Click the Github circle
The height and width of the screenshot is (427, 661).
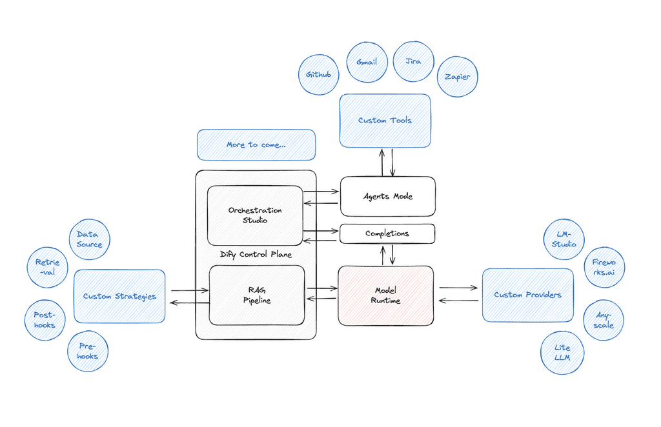tap(319, 75)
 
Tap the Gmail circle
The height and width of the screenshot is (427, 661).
tap(367, 63)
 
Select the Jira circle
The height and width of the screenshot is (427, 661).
tap(413, 62)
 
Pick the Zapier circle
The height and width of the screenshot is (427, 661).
tap(458, 77)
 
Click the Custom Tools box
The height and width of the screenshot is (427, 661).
tap(385, 120)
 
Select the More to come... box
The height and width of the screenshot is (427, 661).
tap(256, 144)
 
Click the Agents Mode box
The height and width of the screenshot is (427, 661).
tap(387, 196)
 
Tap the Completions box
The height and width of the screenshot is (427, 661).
tap(387, 233)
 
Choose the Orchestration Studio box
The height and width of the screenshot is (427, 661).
tap(255, 215)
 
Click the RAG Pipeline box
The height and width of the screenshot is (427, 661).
tap(256, 295)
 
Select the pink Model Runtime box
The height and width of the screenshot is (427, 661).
tap(386, 295)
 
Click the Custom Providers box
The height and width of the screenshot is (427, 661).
tap(527, 295)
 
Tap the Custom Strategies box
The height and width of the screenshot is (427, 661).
tap(119, 296)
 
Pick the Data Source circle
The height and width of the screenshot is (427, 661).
tap(89, 239)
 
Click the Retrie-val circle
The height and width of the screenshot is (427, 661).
tap(47, 268)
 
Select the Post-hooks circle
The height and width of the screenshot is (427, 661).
tap(45, 319)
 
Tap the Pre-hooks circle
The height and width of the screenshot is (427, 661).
tap(88, 352)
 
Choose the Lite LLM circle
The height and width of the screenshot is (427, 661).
tap(562, 353)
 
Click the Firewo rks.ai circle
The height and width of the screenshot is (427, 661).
tap(604, 268)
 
